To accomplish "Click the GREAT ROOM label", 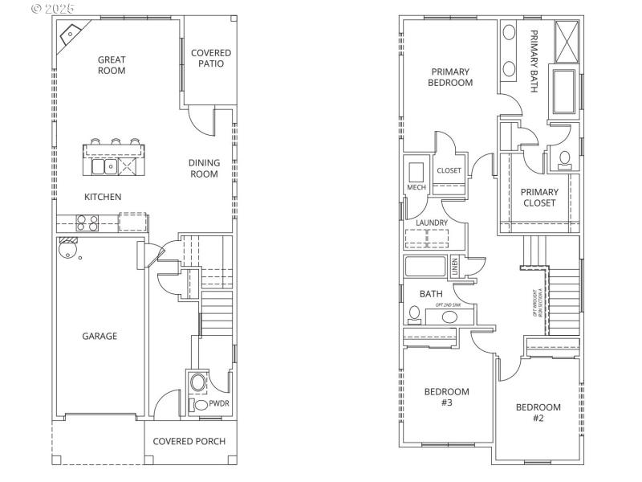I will pos(112,64).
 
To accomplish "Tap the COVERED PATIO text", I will pos(211,59).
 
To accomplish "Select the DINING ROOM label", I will pos(204,168).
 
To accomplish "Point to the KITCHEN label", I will pos(104,197).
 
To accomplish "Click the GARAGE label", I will pos(99,336).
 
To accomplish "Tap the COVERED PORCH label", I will pos(189,441).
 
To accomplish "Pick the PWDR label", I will pos(219,405).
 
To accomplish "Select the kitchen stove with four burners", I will pos(87,222).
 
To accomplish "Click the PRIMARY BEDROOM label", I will pos(449,76).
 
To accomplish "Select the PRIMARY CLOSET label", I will pos(539,198).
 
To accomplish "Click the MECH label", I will pos(416,187).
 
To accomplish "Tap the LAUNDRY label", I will pos(432,223).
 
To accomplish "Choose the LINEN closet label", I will pos(454,265).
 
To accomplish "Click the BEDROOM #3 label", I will pos(446,397).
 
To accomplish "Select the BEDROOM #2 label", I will pos(538,412).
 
